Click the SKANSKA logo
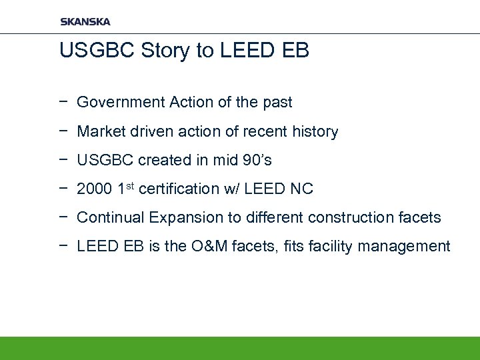click(85, 21)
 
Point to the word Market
click(99, 132)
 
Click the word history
click(314, 132)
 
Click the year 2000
click(93, 189)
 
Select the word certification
click(181, 189)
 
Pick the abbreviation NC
click(301, 189)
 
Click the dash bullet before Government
click(62, 103)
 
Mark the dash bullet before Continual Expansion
click(62, 217)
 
